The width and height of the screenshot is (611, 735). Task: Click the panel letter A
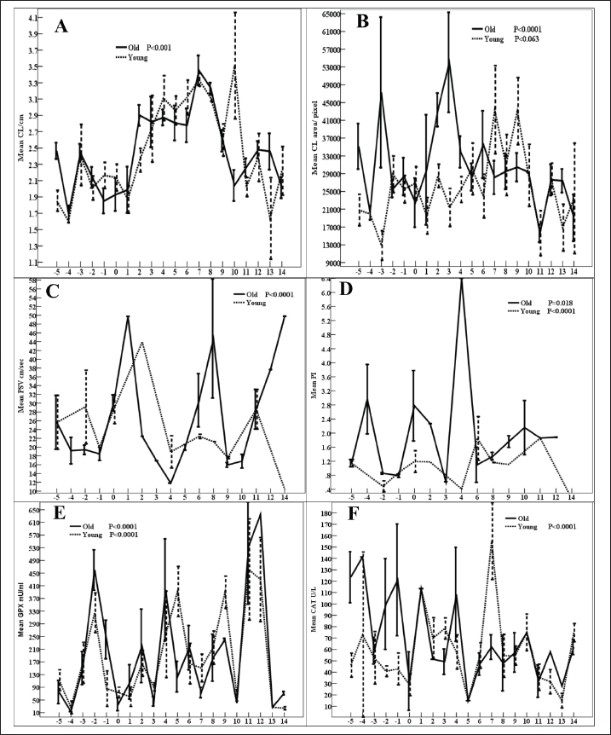[61, 26]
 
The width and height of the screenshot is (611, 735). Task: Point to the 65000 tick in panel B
[334, 14]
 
